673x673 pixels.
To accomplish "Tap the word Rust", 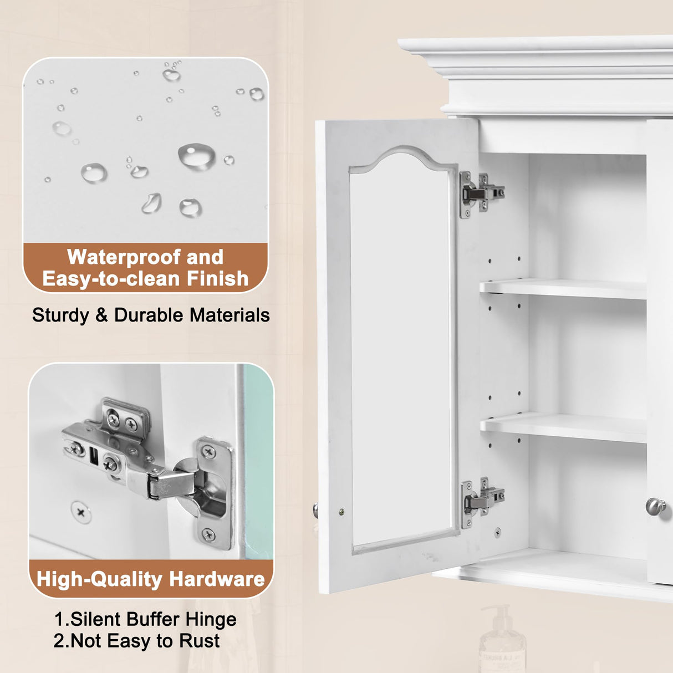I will click(x=199, y=641).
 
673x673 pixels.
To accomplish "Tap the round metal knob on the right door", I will click(x=656, y=506).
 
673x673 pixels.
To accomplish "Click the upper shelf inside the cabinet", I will click(x=563, y=288).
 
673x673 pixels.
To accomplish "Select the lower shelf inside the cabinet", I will click(x=563, y=428).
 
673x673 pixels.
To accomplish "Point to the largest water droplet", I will click(x=197, y=156).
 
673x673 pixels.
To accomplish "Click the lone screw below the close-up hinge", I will click(x=81, y=512).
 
